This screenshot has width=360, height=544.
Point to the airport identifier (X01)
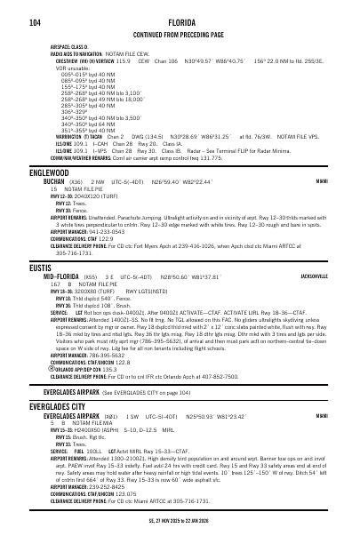(x=110, y=390)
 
